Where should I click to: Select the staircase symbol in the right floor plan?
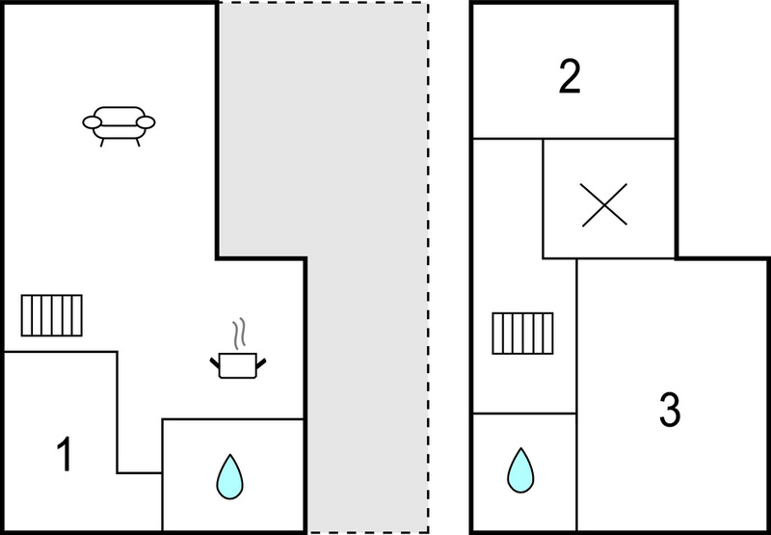[x=522, y=334]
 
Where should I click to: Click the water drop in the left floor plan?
[x=228, y=476]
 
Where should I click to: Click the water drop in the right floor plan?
[x=520, y=470]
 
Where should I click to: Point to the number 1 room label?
[x=64, y=455]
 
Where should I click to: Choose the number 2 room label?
[x=570, y=77]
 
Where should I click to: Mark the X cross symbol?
[x=609, y=203]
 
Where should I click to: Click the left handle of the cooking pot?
[x=215, y=362]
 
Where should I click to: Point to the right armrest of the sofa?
[x=146, y=121]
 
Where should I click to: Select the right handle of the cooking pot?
[x=259, y=362]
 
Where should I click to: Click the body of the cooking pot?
[x=237, y=367]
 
